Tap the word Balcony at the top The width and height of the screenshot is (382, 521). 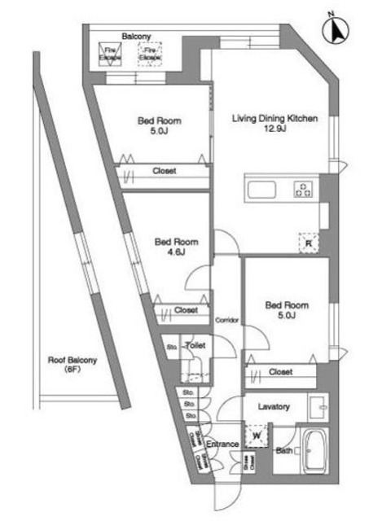(x=134, y=37)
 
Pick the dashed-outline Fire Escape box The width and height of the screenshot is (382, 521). (x=151, y=54)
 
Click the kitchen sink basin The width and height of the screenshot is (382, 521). (x=263, y=191)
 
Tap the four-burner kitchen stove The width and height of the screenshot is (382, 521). (x=303, y=191)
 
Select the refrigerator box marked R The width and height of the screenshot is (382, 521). (x=309, y=241)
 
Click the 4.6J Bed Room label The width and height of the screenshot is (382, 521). (x=176, y=247)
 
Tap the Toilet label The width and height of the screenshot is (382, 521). (x=195, y=346)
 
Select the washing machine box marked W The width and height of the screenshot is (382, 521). (x=257, y=436)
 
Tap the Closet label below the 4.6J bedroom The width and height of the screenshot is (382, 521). (x=186, y=310)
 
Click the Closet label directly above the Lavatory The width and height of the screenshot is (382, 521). (x=280, y=372)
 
